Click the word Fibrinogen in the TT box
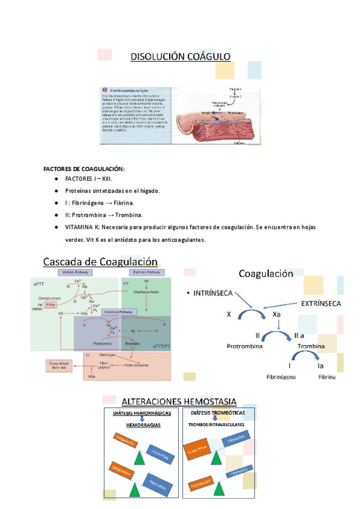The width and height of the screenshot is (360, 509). pos(108,355)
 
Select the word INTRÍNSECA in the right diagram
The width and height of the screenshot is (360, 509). pos(214,293)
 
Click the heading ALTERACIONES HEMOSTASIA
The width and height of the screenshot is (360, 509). pos(179,402)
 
